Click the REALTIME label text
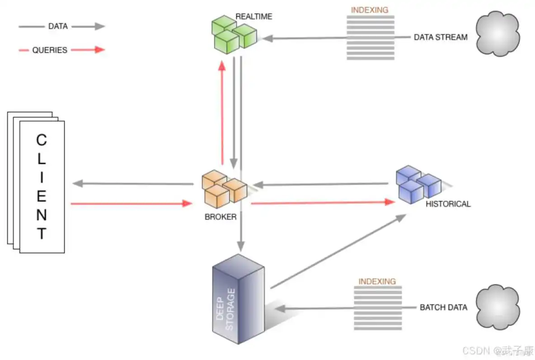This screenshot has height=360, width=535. click(254, 17)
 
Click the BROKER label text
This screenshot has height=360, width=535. click(221, 217)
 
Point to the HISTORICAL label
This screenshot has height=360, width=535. click(448, 204)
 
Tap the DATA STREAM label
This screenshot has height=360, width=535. click(441, 37)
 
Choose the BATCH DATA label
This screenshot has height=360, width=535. click(443, 308)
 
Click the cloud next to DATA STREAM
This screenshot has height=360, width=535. click(497, 34)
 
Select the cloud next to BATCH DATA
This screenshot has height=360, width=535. click(498, 306)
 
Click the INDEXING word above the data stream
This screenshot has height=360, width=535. click(370, 9)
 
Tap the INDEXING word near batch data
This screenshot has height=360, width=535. click(377, 281)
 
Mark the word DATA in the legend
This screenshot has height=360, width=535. click(58, 26)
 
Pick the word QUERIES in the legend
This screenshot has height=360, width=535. click(50, 50)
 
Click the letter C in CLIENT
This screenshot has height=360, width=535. click(41, 140)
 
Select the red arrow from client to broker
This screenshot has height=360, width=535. click(131, 204)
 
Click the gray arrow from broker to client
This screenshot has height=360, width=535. click(133, 184)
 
